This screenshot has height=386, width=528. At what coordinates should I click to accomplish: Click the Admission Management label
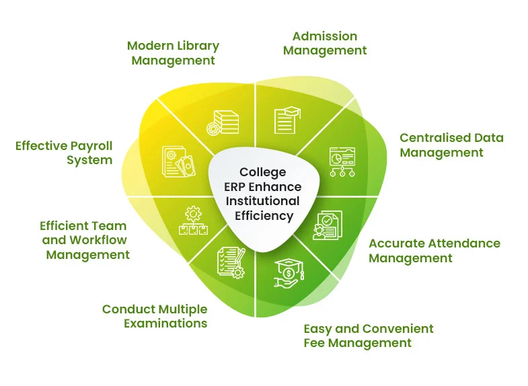coord(325,43)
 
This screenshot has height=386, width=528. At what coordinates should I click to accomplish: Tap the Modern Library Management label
coord(173,53)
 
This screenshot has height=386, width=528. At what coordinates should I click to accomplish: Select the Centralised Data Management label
coord(451,145)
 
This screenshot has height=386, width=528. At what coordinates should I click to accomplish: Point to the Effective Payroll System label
coord(64,153)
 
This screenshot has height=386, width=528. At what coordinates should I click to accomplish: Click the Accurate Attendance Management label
coord(434,250)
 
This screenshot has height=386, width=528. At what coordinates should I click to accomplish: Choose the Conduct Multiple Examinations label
coord(155,316)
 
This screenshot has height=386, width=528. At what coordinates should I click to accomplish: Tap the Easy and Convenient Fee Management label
coord(368,336)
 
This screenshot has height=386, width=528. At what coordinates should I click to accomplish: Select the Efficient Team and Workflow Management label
coord(84,240)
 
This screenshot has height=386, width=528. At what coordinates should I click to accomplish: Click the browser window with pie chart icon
coord(340,162)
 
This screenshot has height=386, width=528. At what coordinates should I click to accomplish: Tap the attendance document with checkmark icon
coord(328,226)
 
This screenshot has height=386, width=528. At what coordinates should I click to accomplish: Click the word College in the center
coord(263,172)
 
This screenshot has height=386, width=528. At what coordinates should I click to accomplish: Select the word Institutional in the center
coord(263,201)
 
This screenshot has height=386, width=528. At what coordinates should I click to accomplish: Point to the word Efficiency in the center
coord(264,216)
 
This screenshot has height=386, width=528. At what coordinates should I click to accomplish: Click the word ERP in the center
coord(239,187)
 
